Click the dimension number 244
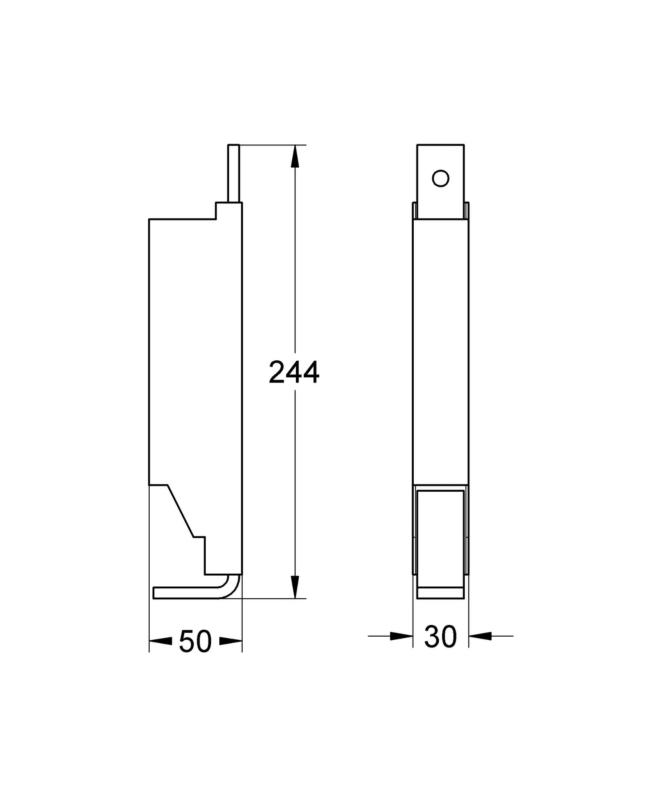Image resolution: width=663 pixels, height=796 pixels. (294, 372)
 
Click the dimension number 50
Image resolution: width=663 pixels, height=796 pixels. (195, 641)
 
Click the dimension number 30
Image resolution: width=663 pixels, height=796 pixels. (440, 637)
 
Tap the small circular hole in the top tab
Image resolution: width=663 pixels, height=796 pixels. (441, 178)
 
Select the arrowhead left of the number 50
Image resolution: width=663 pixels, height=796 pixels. (161, 641)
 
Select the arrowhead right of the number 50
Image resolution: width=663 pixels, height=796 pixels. (231, 641)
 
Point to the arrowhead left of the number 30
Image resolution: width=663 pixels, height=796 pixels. (401, 636)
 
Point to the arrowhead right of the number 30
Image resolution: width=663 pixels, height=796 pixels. (480, 636)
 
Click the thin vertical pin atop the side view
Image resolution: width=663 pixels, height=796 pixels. (234, 173)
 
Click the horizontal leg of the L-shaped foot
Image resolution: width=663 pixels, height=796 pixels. (187, 603)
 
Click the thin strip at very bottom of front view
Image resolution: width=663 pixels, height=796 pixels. (440, 604)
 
